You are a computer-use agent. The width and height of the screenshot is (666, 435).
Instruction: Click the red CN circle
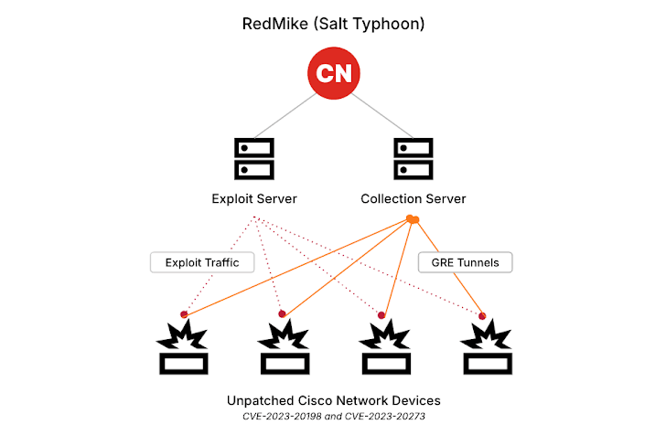coord(333,73)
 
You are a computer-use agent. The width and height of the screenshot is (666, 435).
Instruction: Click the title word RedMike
coord(273,24)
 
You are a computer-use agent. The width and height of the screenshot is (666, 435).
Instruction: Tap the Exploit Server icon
coord(253,158)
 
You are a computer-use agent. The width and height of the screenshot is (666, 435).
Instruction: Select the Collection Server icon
coord(413,158)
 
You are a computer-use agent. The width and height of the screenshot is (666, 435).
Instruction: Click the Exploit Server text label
coord(253,198)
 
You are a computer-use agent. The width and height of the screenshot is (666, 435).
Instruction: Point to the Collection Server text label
coord(413,198)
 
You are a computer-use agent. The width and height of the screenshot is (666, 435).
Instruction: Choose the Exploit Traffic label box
coord(202,262)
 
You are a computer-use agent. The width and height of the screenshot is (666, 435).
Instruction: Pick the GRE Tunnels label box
coord(465,262)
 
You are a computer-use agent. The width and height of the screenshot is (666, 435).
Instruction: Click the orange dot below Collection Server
coord(412,219)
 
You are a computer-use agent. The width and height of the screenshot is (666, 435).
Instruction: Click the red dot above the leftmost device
coord(184,314)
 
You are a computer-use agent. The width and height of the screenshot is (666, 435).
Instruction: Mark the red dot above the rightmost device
coord(482,315)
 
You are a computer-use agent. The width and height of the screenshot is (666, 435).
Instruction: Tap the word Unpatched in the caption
coord(259,400)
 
